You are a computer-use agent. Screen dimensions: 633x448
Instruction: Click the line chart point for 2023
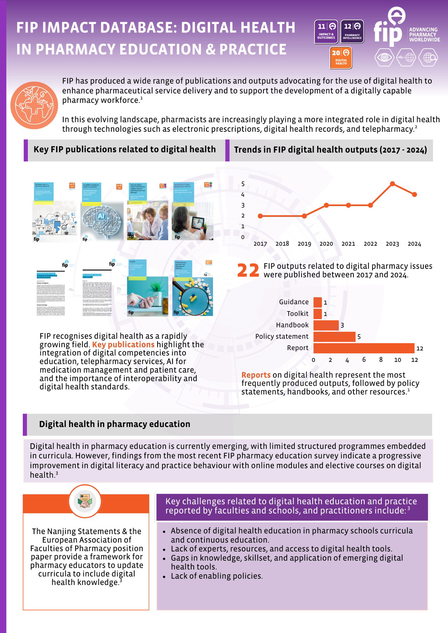coord(392,184)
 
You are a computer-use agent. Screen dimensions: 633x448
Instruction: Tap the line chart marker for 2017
coord(260,216)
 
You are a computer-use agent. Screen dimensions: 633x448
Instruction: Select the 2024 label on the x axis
coord(414,244)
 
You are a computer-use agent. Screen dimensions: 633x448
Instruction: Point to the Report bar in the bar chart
coord(363,348)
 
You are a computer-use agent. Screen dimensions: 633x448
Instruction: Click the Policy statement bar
coord(334,336)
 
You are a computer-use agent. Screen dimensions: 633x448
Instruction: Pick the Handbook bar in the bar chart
coord(326,325)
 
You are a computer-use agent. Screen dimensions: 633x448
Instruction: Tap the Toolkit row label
coord(298,314)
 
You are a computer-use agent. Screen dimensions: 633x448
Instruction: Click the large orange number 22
coord(248,270)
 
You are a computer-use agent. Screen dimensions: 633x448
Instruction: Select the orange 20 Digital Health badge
coord(341,58)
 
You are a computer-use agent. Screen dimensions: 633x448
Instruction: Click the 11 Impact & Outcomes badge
coord(326,31)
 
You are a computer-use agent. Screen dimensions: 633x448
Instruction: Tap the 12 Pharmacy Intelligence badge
coord(352,31)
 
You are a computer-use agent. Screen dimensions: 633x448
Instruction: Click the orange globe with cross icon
coord(34,105)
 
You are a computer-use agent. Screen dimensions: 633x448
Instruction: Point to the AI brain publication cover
coord(102,212)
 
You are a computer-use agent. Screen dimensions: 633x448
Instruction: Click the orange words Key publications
coord(123,345)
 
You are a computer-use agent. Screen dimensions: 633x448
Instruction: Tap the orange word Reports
coord(256,375)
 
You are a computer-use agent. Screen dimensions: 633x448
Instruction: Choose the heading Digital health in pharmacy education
coord(115,424)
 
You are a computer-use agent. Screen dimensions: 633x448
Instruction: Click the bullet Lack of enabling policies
coord(216,576)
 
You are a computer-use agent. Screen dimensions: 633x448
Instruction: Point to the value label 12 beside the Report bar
coord(419,348)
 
